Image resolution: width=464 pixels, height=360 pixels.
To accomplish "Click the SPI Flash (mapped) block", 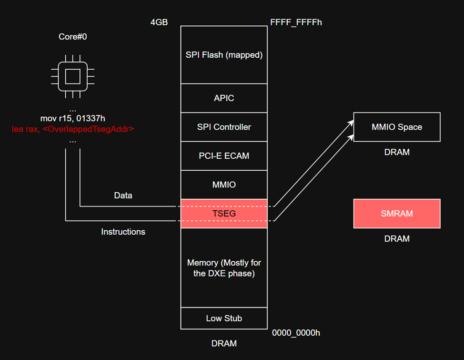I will (224, 55).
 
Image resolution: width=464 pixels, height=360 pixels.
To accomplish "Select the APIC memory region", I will (224, 98).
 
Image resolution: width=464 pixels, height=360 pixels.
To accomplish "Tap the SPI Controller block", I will (224, 127).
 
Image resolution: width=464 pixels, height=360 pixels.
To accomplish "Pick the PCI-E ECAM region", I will (224, 155).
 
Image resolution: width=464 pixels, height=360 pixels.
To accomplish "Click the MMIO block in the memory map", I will (224, 185).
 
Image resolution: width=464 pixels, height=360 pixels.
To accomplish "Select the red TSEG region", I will (224, 214).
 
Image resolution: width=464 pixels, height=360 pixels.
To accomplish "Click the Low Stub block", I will (224, 318).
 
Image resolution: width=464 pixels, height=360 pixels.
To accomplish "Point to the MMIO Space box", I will (397, 127).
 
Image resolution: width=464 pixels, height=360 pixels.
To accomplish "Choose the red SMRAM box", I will (397, 214).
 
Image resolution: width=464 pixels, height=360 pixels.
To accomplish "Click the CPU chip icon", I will (72, 76).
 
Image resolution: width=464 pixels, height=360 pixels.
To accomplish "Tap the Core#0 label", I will (72, 37).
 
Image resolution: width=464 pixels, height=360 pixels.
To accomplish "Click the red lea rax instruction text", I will (72, 129).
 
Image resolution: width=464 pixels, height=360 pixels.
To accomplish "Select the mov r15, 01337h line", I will (72, 118).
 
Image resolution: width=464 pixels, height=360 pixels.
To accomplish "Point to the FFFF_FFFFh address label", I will (296, 22).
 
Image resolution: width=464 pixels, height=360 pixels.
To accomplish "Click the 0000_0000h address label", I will (296, 333).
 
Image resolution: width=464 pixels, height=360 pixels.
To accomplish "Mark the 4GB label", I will (159, 22).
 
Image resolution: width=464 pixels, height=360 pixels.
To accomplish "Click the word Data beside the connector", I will (123, 195).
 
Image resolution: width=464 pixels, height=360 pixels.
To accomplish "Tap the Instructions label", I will (123, 232).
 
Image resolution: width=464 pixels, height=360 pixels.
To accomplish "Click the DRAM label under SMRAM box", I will (397, 238).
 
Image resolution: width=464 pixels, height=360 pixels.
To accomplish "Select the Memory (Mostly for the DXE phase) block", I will (224, 268).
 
